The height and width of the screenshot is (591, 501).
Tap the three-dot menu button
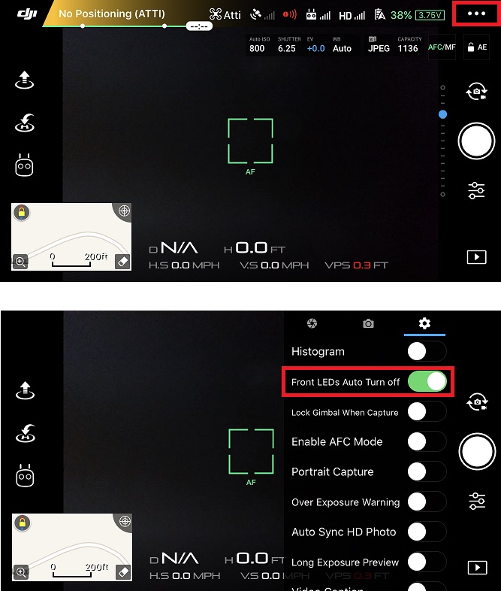(477, 14)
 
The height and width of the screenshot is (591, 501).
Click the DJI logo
(26, 14)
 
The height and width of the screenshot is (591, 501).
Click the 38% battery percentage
(401, 14)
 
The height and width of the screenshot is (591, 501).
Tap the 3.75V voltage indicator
(430, 14)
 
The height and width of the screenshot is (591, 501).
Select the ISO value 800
(257, 48)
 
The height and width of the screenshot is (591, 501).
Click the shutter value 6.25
(286, 48)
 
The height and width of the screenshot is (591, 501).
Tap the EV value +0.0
(315, 48)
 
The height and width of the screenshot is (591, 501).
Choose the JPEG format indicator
(379, 48)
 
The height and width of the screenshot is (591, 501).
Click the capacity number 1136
(408, 48)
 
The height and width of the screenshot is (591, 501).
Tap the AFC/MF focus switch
(442, 47)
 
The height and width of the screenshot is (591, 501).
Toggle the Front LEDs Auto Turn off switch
(427, 382)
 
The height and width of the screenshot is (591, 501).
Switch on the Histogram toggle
(427, 351)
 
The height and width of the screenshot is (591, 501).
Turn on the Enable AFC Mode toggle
(427, 441)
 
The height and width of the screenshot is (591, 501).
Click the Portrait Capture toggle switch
(427, 471)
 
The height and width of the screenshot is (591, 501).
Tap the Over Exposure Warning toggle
(427, 502)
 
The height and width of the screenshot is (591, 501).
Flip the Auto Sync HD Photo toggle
(427, 532)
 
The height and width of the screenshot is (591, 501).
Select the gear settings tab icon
(424, 323)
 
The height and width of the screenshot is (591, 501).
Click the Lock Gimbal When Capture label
(345, 412)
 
